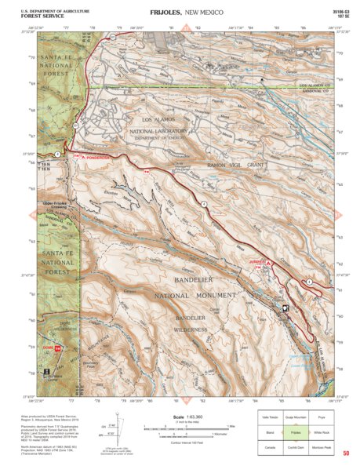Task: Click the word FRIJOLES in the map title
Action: [x=161, y=13]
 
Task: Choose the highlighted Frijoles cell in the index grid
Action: [x=296, y=431]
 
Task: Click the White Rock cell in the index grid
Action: [x=323, y=431]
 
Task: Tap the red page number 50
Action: [x=345, y=453]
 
